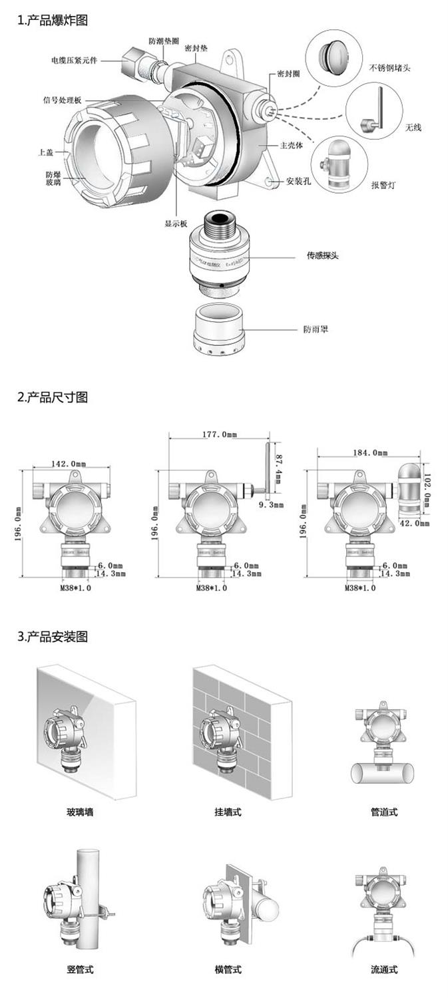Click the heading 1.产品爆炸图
point(53,21)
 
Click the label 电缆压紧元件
point(73,60)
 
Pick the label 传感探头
point(322,255)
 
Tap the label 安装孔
point(299,181)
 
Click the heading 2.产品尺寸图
point(53,397)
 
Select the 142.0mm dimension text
point(69,463)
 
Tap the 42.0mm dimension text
point(413,523)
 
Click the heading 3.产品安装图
point(53,637)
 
